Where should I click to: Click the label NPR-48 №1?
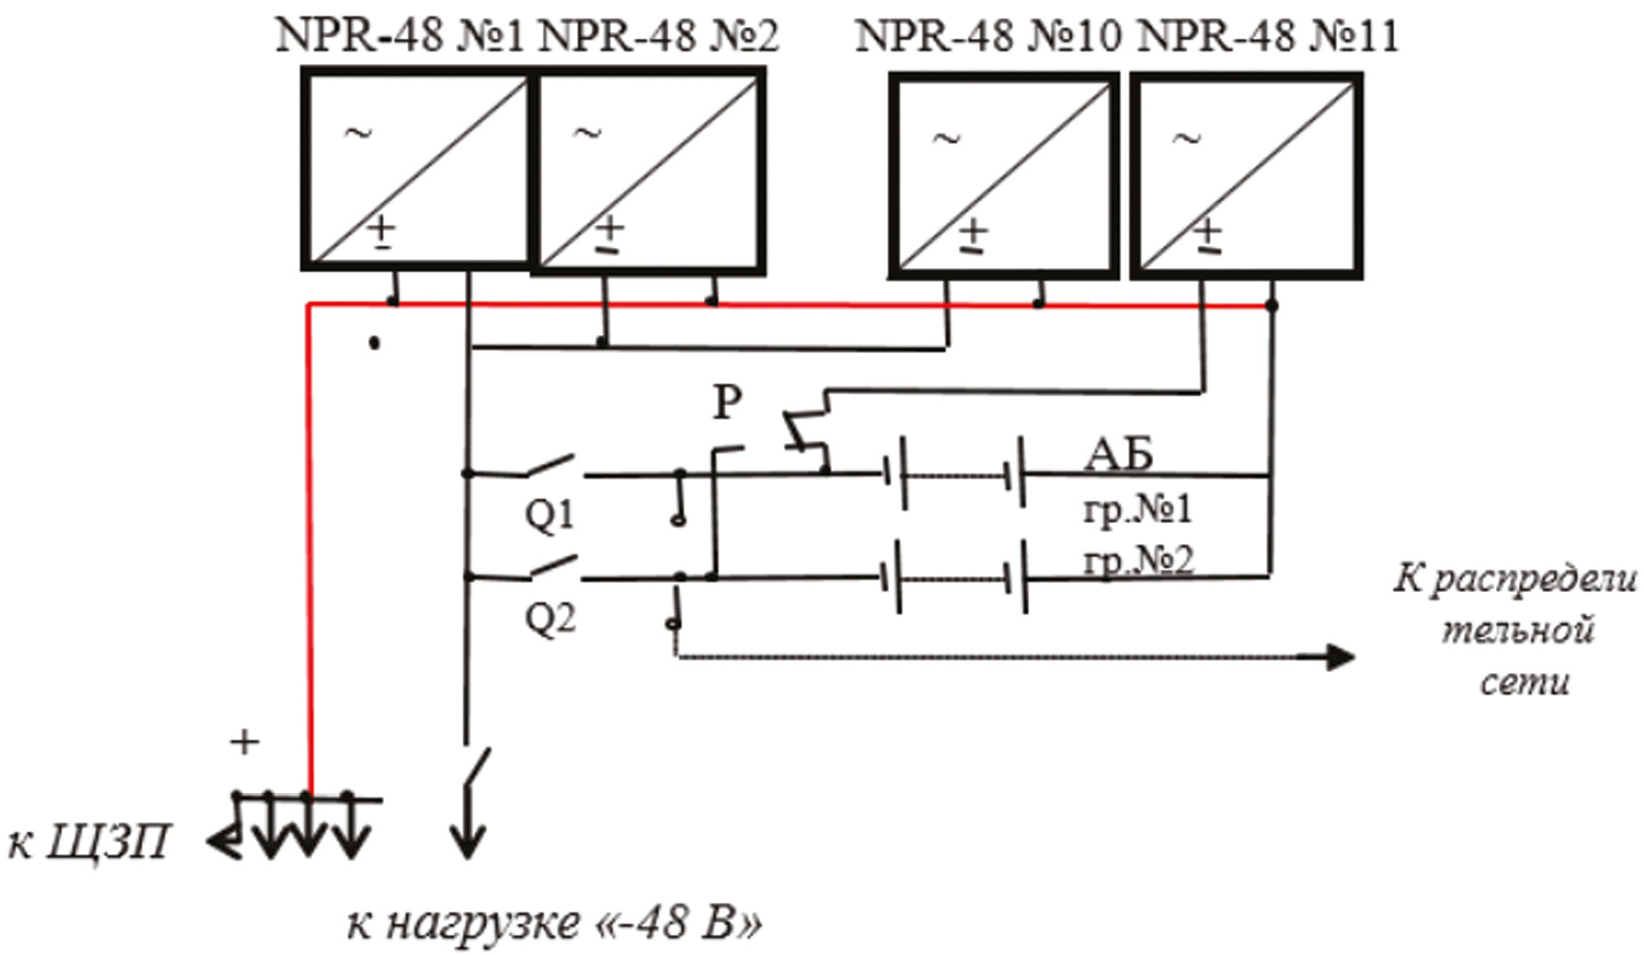(399, 36)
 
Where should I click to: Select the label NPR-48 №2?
(657, 36)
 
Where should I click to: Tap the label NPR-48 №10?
(988, 37)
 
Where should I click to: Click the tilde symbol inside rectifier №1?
(358, 133)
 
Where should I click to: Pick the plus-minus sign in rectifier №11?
(1207, 235)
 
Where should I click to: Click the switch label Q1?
(549, 514)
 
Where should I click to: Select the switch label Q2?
(549, 617)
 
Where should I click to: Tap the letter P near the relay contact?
(727, 401)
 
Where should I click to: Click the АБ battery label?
(1118, 453)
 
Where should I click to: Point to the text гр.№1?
(1138, 508)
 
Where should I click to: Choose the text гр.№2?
(1138, 560)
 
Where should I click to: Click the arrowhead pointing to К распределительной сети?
(1340, 658)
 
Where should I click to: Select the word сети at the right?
(1524, 682)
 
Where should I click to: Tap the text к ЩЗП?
(89, 843)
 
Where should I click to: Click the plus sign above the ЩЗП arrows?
(245, 742)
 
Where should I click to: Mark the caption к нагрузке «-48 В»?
(554, 923)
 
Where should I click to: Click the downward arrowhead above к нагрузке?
(468, 843)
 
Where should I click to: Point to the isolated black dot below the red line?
(375, 343)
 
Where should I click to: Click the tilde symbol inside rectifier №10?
(946, 139)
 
